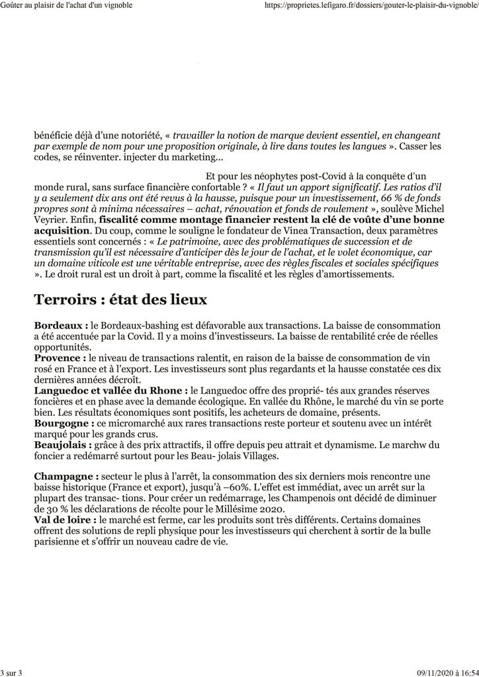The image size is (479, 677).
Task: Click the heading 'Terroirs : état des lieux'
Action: point(120,299)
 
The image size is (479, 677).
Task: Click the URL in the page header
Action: point(370,5)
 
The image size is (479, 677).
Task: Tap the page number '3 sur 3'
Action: point(12,672)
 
